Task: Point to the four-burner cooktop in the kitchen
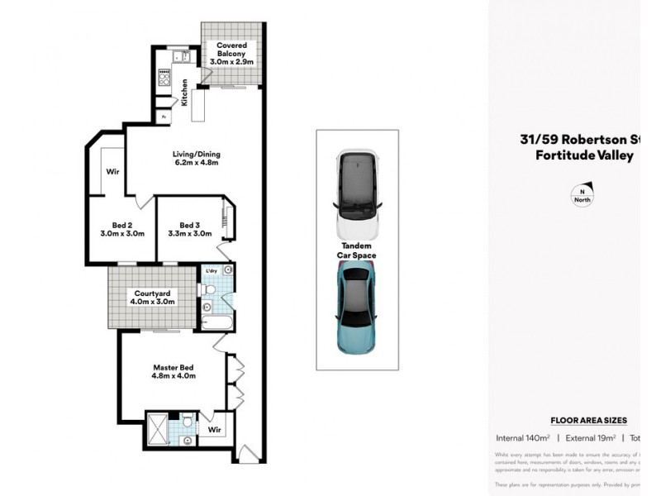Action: (164, 83)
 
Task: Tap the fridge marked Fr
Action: (164, 117)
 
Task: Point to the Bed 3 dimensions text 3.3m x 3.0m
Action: (189, 234)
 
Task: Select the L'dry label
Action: (210, 271)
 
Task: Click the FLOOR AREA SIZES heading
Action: (588, 421)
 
